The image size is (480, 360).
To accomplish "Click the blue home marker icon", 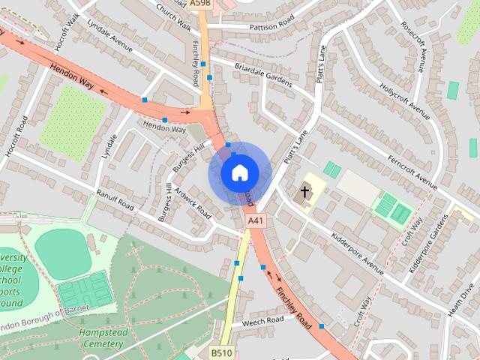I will (x=239, y=173).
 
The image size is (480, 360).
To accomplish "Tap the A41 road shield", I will (x=256, y=220).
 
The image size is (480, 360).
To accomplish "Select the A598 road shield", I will (x=200, y=4).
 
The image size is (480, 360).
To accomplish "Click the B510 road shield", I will (x=221, y=352).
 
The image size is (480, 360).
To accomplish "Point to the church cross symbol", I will (x=305, y=191).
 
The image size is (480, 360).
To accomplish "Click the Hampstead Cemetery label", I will (x=101, y=337).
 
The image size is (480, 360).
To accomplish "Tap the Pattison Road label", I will (x=261, y=25).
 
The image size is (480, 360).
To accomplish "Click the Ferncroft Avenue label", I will (x=412, y=172).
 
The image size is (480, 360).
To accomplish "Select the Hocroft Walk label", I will (x=66, y=31).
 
